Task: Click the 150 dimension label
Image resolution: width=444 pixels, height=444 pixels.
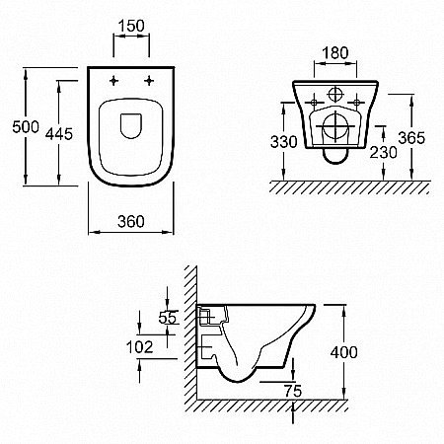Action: coord(131,26)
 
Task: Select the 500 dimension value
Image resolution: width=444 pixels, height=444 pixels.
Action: coord(26,127)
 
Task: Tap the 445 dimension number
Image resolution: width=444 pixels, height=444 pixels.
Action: coord(59,134)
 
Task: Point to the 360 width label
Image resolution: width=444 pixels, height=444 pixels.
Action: coord(131,222)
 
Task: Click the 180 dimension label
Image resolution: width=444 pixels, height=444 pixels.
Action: coord(334,53)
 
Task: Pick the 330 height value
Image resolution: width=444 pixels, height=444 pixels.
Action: coord(284,142)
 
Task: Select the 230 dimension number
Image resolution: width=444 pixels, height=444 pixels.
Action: coord(383,152)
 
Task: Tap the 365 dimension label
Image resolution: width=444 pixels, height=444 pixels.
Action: coord(411,138)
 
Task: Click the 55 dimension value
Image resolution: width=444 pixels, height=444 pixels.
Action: coord(168,318)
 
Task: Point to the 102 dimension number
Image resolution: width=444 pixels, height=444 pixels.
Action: coord(140,347)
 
